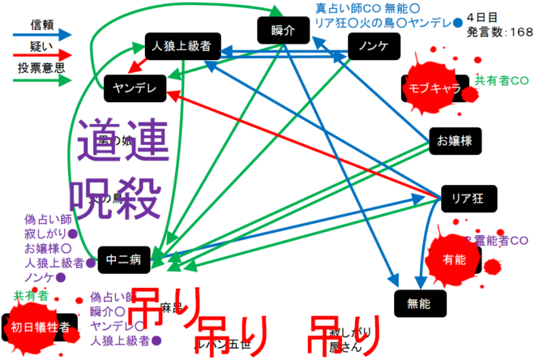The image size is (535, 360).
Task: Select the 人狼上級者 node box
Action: pyautogui.click(x=182, y=47)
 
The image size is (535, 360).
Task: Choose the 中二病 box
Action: pyautogui.click(x=124, y=259)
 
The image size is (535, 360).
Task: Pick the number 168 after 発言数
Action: pyautogui.click(x=519, y=32)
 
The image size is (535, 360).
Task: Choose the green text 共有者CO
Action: pyautogui.click(x=501, y=80)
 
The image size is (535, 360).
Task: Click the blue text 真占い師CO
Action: pyautogui.click(x=341, y=8)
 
